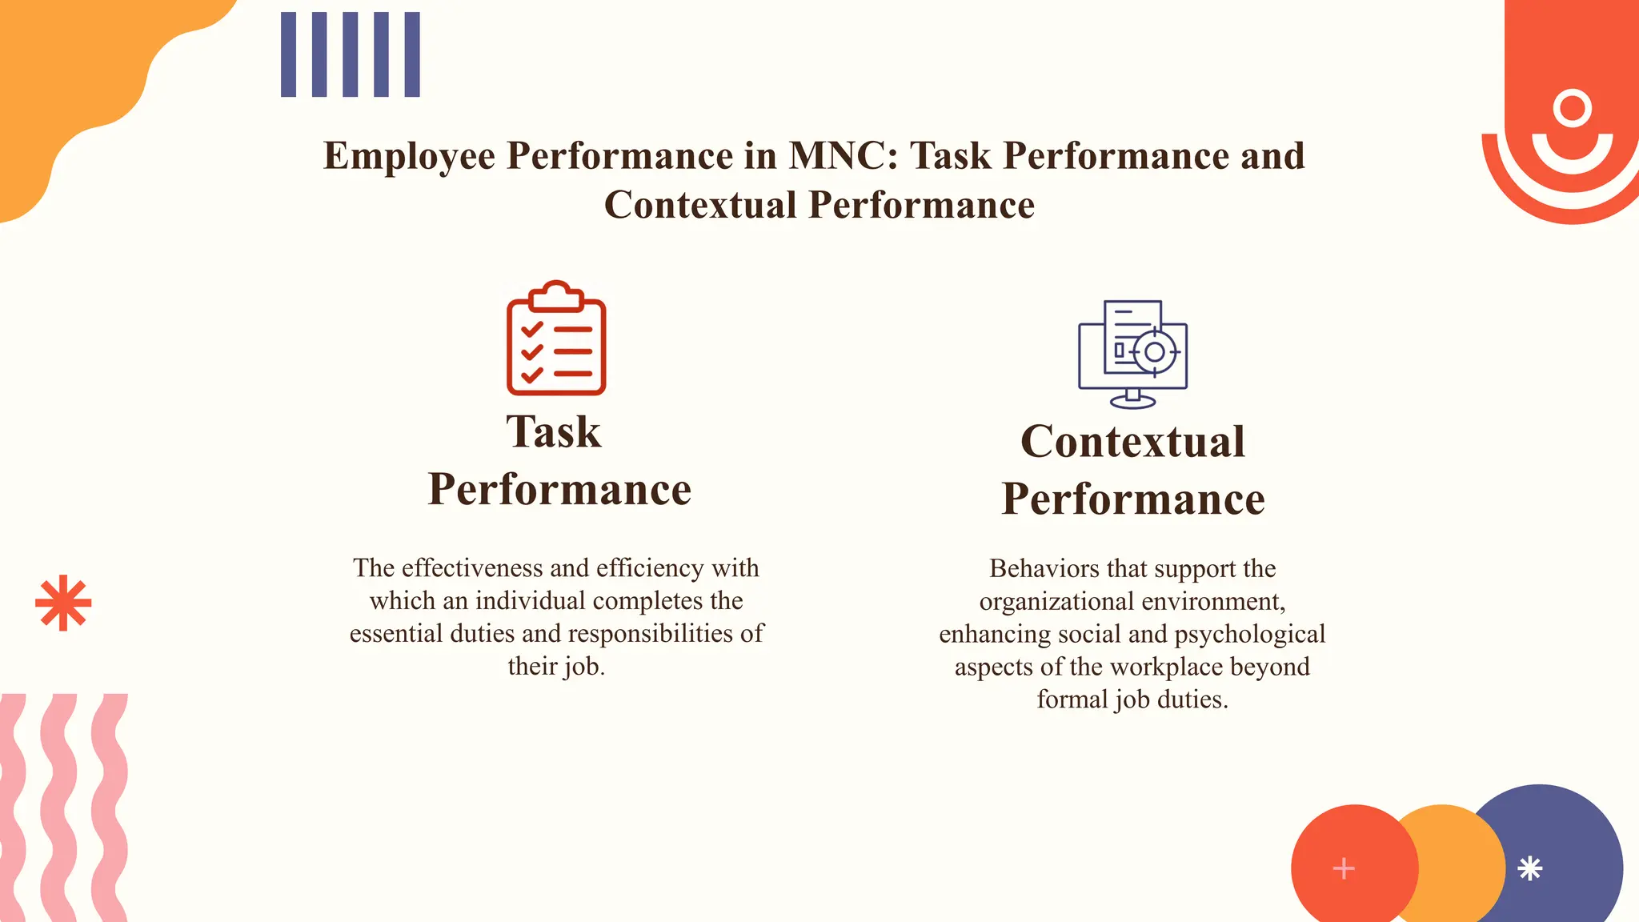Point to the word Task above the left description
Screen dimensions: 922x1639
pos(553,432)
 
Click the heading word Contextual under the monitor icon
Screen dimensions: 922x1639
pos(1132,442)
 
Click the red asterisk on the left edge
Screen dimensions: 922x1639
pos(63,603)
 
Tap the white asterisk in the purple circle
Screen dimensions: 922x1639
pos(1529,868)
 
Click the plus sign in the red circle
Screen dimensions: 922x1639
pos(1344,868)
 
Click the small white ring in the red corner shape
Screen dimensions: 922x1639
pos(1573,108)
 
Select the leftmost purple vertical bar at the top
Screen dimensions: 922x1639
pos(288,54)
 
